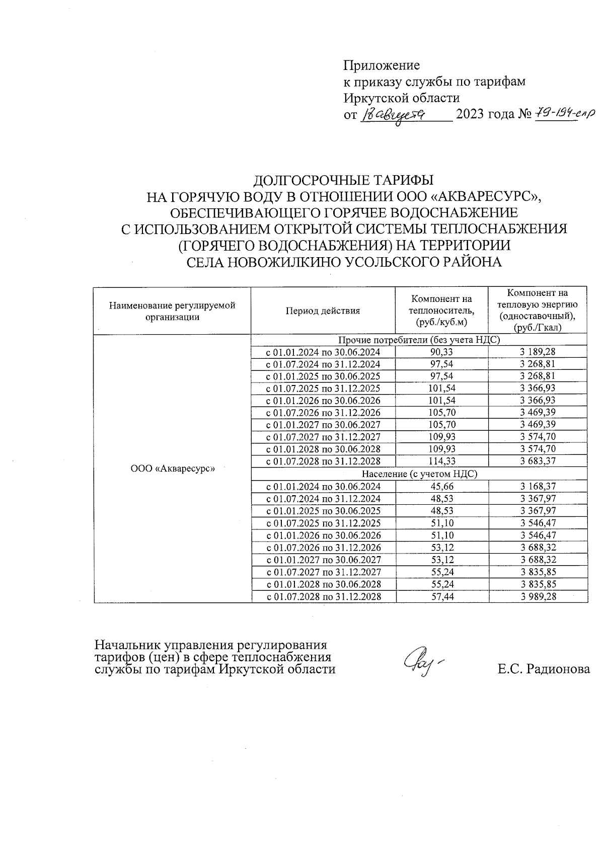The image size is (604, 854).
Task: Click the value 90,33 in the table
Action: point(441,352)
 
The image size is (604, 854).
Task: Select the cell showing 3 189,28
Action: point(538,352)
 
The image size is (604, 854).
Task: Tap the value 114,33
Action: point(441,461)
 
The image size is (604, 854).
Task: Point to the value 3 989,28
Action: point(538,597)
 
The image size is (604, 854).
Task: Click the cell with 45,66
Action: point(442,487)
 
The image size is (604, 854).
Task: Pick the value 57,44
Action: point(442,597)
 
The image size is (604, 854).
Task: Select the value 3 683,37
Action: point(538,461)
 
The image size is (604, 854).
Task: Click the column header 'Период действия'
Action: point(323,311)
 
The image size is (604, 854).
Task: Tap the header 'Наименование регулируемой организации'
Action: point(172,311)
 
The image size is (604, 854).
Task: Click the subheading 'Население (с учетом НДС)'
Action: point(419,474)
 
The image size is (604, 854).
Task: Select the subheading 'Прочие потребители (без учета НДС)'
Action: point(419,340)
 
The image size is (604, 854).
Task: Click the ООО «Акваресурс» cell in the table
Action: point(172,469)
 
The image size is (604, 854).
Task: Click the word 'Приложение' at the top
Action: point(381,65)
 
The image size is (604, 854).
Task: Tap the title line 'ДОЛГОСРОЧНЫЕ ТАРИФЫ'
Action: point(343,180)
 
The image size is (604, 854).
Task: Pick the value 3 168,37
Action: point(538,487)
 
